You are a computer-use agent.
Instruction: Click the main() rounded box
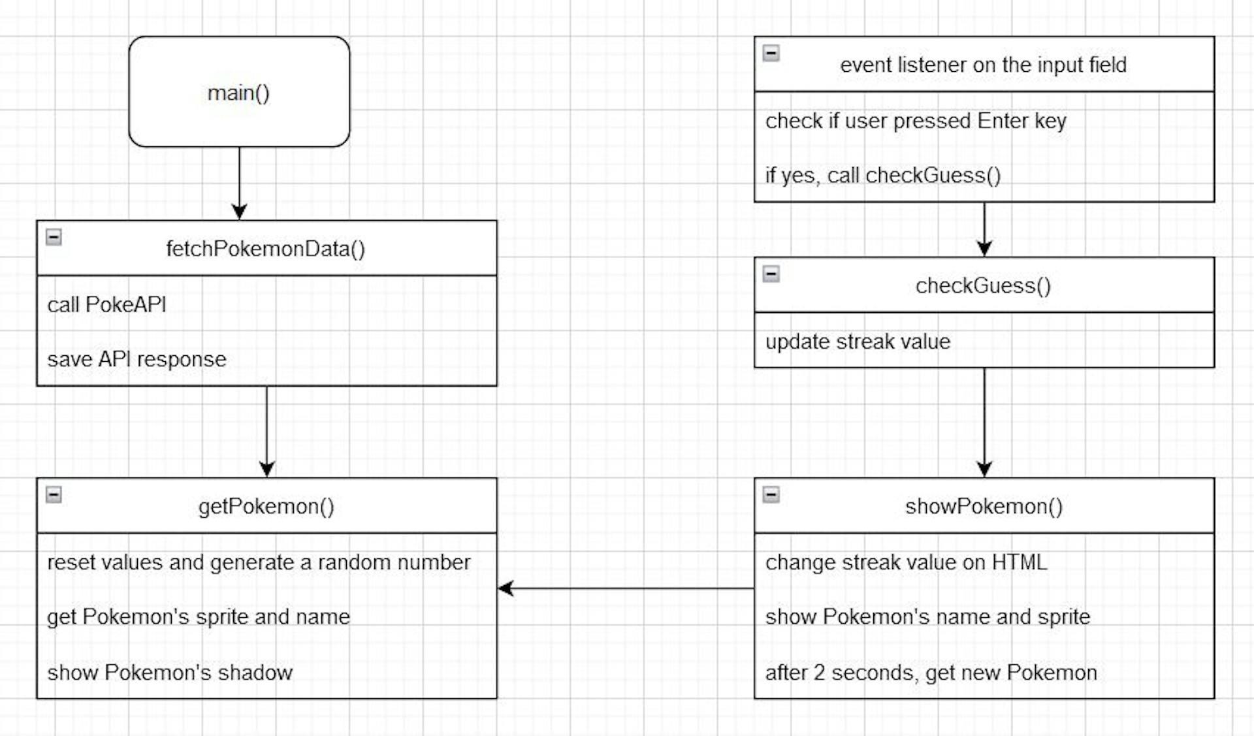click(239, 92)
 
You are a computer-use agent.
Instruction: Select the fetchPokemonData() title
click(265, 249)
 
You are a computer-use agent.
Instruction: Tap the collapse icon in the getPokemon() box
click(54, 495)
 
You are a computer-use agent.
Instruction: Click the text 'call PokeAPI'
click(106, 304)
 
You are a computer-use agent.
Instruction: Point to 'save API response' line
click(137, 359)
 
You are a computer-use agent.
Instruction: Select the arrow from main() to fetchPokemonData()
click(239, 183)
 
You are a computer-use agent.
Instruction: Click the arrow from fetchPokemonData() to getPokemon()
click(266, 431)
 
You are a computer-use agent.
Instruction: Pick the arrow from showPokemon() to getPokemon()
click(626, 588)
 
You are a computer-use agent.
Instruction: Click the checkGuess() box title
click(983, 285)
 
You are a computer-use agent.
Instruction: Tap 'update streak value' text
click(858, 342)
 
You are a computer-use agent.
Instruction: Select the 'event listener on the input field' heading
click(983, 65)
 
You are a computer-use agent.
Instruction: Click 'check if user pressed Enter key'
click(916, 121)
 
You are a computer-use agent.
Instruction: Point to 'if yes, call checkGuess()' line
click(882, 176)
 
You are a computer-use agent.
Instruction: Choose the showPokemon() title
click(984, 506)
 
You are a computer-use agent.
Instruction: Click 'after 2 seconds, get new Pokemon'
click(931, 673)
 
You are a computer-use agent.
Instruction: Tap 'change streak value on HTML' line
click(906, 562)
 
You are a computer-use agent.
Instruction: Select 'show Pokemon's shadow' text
click(170, 673)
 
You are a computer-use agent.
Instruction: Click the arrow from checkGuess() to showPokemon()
click(984, 422)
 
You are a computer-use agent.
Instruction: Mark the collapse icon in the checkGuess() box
click(771, 274)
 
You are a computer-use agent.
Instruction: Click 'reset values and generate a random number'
click(259, 562)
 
